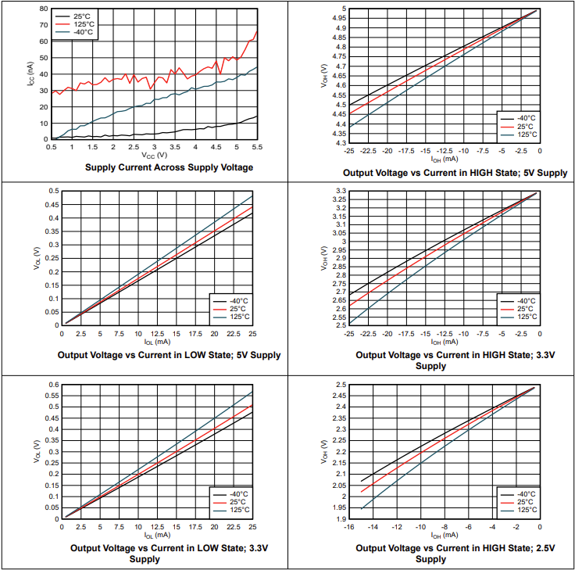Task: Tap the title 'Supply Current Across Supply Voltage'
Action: click(x=169, y=167)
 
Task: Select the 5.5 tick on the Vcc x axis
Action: click(x=257, y=146)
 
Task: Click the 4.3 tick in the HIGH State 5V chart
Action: click(x=339, y=143)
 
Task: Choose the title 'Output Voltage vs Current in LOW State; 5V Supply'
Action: click(x=169, y=355)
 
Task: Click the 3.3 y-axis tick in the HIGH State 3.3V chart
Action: click(x=339, y=191)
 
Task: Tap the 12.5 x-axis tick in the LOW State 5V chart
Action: click(x=157, y=333)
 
